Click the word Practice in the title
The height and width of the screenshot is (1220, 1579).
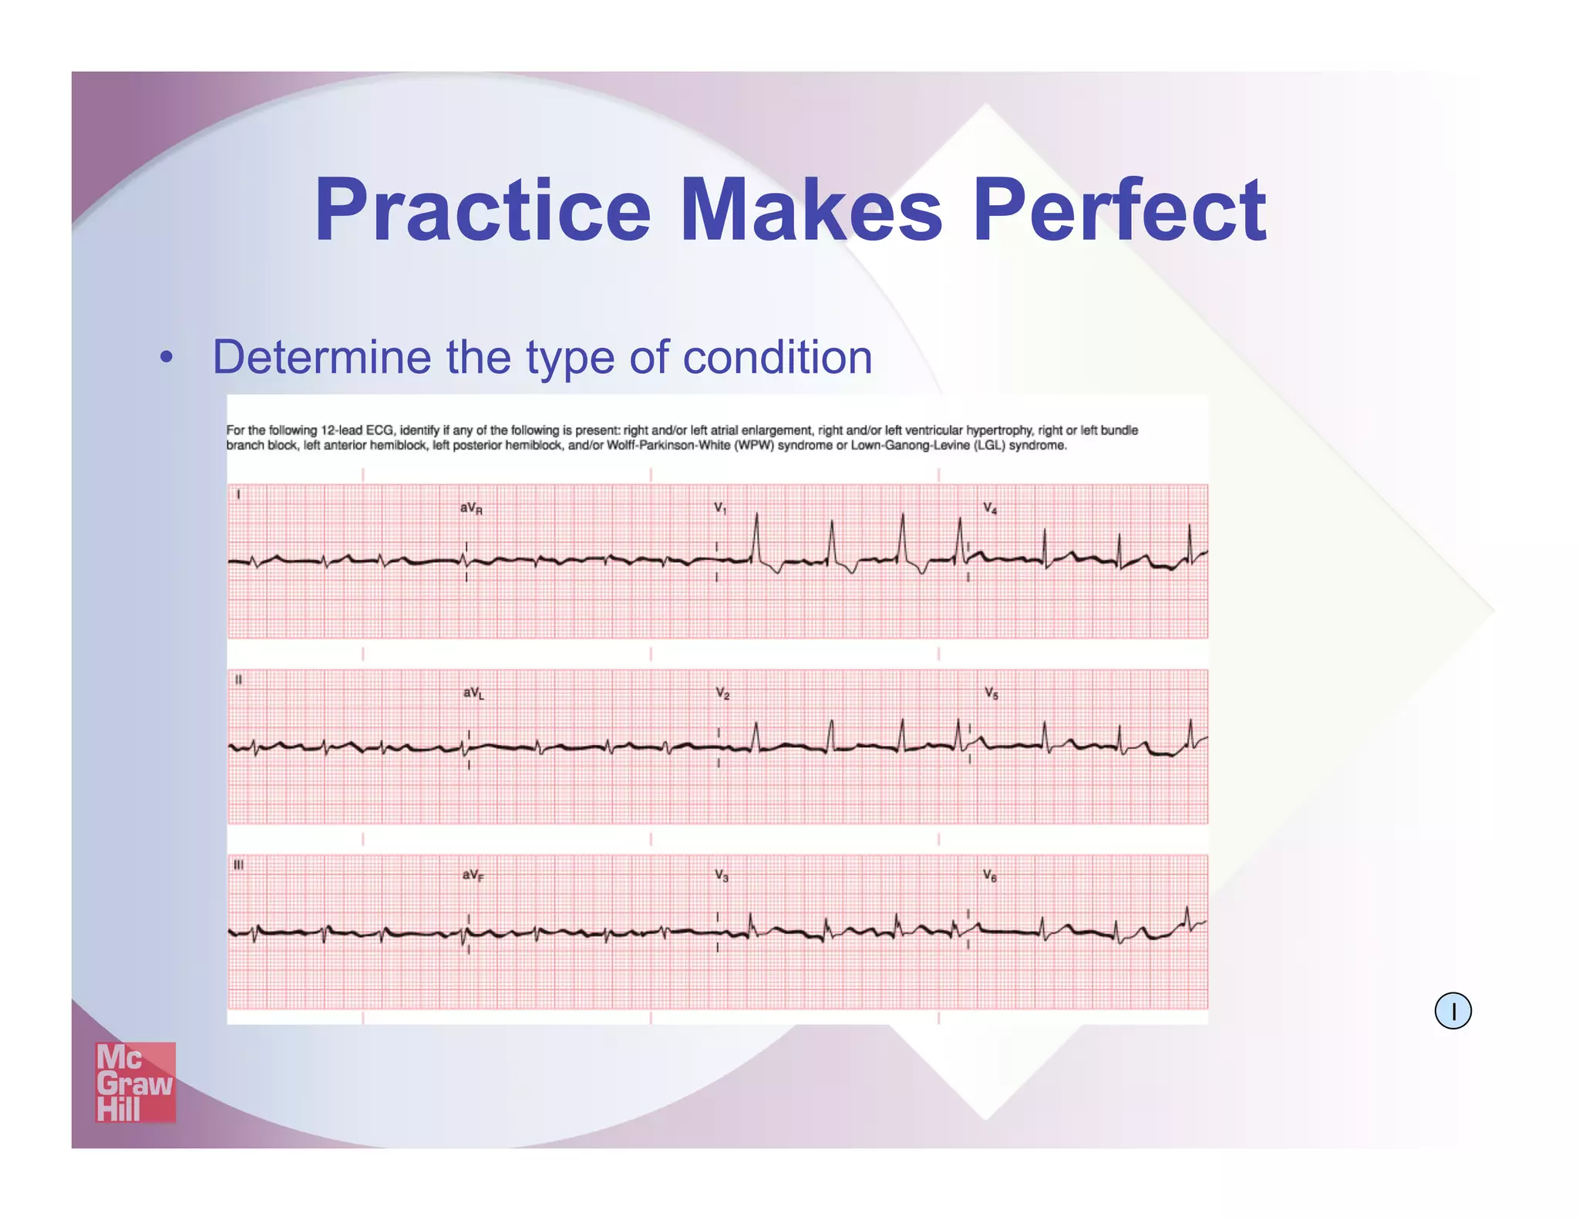(x=483, y=210)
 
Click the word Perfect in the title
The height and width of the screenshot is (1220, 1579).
(x=1119, y=210)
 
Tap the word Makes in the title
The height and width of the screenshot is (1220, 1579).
(x=810, y=210)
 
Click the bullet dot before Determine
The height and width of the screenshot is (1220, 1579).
(x=166, y=358)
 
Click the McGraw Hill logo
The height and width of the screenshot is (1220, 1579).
(x=135, y=1082)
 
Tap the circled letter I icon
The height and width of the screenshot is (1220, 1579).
(x=1453, y=1011)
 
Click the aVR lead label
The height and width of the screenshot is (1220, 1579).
(x=471, y=508)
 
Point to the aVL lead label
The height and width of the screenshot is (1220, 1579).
(x=473, y=693)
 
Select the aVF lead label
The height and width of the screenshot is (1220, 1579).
(x=473, y=875)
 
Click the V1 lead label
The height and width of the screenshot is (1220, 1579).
(x=720, y=508)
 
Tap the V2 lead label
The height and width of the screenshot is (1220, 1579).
(x=722, y=693)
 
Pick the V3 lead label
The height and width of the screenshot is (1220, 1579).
(x=721, y=875)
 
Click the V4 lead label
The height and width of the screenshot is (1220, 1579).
(x=990, y=508)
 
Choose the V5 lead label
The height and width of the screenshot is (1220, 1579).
(x=991, y=693)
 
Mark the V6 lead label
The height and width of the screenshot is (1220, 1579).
(x=990, y=875)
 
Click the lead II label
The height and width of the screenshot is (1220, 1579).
(x=238, y=680)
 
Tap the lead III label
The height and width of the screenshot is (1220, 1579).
(x=239, y=865)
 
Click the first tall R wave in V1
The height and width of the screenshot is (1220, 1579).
(x=756, y=532)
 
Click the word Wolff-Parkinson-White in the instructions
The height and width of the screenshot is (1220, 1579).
(x=668, y=446)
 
